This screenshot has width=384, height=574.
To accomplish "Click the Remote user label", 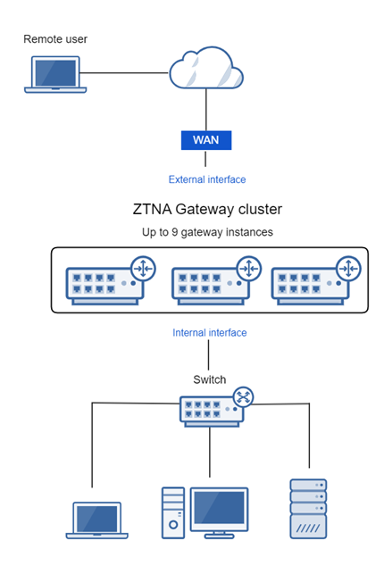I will tap(55, 39).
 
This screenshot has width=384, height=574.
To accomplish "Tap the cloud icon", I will tap(206, 68).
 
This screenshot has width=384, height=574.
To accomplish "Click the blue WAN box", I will tap(206, 140).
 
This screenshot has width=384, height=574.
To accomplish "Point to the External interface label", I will tap(207, 179).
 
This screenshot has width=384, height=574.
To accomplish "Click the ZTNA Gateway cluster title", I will tap(207, 210).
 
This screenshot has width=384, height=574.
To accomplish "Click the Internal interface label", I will tap(210, 332).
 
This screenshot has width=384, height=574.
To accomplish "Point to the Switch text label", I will tap(209, 378).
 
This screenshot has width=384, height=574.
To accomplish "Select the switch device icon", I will tap(209, 410).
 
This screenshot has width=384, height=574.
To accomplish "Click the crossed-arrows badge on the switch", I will tap(244, 397).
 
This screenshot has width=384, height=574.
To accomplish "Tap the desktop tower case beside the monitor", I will tap(172, 513).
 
